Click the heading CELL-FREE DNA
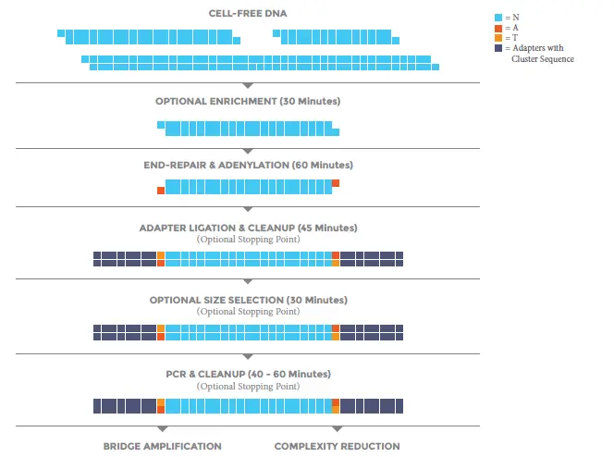pyautogui.click(x=248, y=13)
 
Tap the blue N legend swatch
pyautogui.click(x=498, y=18)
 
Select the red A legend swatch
pyautogui.click(x=498, y=28)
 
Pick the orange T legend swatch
pyautogui.click(x=498, y=38)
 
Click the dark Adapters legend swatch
pyautogui.click(x=498, y=48)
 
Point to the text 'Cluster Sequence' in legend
pyautogui.click(x=543, y=59)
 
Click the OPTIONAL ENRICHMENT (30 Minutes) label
pyautogui.click(x=248, y=101)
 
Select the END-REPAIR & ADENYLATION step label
pyautogui.click(x=248, y=165)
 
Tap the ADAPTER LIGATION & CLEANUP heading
pyautogui.click(x=248, y=228)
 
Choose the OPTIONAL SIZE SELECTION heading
pyautogui.click(x=248, y=300)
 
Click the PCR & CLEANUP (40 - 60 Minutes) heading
pyautogui.click(x=248, y=374)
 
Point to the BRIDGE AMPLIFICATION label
pyautogui.click(x=162, y=446)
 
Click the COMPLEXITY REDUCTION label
pyautogui.click(x=337, y=446)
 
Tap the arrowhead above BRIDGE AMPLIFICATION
pyautogui.click(x=162, y=429)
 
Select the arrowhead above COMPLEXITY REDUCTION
pyautogui.click(x=337, y=429)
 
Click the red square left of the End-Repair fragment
pyautogui.click(x=161, y=191)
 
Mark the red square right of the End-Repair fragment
pyautogui.click(x=336, y=183)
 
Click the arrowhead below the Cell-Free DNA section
pyautogui.click(x=248, y=86)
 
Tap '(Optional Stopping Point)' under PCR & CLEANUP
pyautogui.click(x=248, y=386)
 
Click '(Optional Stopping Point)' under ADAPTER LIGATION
pyautogui.click(x=248, y=239)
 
